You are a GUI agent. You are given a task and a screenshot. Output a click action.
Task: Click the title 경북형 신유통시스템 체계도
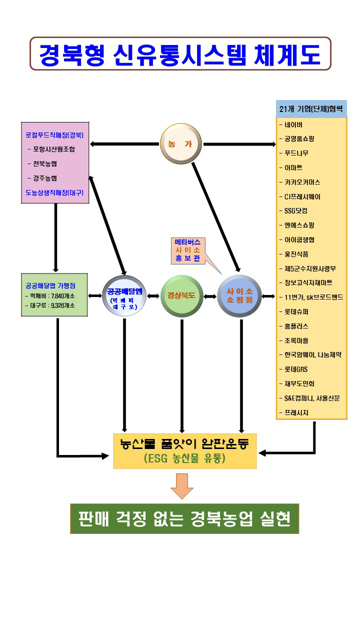coord(180,54)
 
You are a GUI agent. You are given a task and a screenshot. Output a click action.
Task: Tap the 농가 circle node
coord(181,144)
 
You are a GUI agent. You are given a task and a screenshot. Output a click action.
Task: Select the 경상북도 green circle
coord(181,296)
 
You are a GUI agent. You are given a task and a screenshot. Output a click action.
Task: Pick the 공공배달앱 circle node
coord(124,296)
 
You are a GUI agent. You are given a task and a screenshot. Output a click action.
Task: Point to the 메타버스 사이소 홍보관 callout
coord(187,248)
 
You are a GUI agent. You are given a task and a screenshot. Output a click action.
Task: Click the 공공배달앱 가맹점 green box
coord(54,295)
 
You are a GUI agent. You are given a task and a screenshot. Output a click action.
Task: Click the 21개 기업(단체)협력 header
coord(311,109)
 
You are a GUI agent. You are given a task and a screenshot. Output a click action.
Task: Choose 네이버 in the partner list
coord(294,124)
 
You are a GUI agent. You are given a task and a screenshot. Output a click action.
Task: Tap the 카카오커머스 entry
coord(302,182)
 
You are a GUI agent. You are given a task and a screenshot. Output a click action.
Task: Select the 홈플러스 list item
coord(296,325)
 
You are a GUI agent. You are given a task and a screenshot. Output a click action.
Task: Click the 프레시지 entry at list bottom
coord(296,412)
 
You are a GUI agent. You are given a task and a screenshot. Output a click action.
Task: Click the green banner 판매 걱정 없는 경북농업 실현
coord(184,519)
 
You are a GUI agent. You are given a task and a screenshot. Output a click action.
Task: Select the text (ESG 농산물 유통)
coord(184,458)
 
